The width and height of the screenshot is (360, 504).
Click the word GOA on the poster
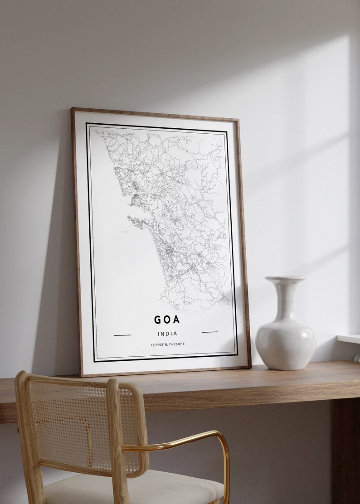[x=167, y=320]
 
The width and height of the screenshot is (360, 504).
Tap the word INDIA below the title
[x=167, y=334]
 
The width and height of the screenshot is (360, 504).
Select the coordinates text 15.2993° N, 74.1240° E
[x=168, y=344]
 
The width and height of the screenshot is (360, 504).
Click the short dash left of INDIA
[x=122, y=335]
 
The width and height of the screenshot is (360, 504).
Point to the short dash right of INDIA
[x=210, y=332]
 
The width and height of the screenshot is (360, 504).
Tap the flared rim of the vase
[x=285, y=279]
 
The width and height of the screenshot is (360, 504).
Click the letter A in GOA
[x=176, y=320]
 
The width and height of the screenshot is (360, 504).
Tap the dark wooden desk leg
[x=345, y=449]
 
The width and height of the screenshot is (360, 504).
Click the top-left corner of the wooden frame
[x=73, y=109]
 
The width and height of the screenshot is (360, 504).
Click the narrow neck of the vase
[x=286, y=299]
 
